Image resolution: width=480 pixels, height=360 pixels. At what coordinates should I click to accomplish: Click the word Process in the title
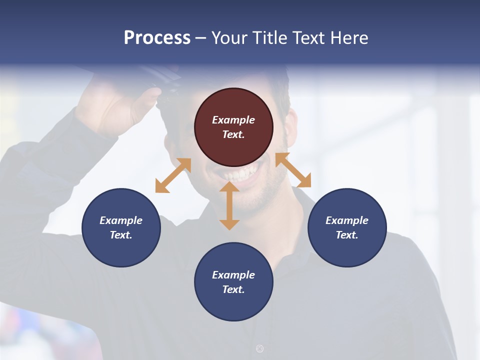pyautogui.click(x=157, y=38)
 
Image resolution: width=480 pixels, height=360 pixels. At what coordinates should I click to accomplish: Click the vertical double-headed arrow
pyautogui.click(x=229, y=205)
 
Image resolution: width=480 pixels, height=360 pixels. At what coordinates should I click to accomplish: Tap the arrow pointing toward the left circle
pyautogui.click(x=173, y=175)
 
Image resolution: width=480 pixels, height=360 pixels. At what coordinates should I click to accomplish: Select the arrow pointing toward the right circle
pyautogui.click(x=293, y=170)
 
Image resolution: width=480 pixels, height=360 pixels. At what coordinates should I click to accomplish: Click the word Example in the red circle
pyautogui.click(x=233, y=120)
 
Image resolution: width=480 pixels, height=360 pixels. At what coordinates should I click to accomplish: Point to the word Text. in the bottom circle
pyautogui.click(x=233, y=289)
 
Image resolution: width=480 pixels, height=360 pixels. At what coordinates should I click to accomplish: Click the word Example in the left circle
pyautogui.click(x=121, y=220)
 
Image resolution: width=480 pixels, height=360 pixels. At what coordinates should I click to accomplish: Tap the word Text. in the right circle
pyautogui.click(x=347, y=235)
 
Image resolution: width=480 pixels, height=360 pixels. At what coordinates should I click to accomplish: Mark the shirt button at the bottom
pyautogui.click(x=259, y=348)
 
